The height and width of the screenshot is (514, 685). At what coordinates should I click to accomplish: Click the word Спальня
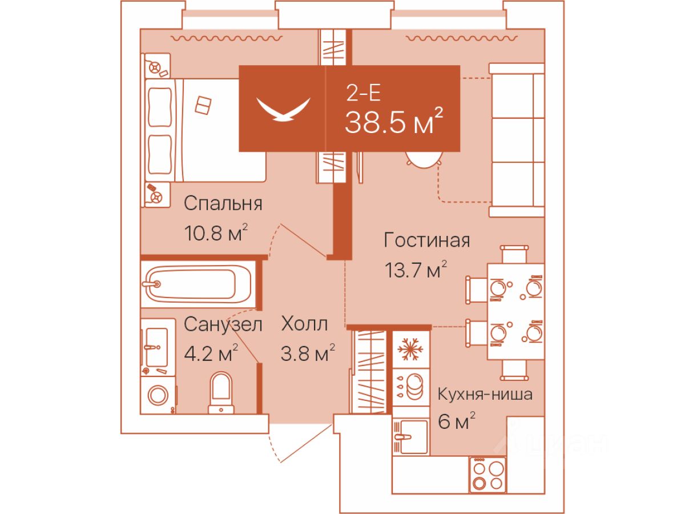pos(223,204)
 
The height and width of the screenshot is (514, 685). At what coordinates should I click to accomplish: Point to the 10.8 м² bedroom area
pos(216,232)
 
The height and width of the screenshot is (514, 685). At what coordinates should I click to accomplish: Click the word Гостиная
pos(426,240)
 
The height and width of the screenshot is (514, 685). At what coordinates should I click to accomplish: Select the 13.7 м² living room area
pos(416,270)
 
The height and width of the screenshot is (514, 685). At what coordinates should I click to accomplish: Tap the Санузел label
pos(223,324)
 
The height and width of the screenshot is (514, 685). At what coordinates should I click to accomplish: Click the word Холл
pos(304,324)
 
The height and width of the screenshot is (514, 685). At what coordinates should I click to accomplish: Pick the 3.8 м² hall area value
pos(308,353)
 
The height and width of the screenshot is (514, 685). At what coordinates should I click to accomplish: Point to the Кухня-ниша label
pos(485,395)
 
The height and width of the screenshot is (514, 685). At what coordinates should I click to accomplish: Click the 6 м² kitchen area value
pos(457,421)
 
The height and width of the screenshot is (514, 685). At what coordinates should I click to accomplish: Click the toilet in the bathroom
pos(221,393)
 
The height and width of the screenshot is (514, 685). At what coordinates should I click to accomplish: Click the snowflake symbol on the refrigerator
pos(410,349)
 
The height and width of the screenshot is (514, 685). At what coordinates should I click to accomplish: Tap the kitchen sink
pos(410,436)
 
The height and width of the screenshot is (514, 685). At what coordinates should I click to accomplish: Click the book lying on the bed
pos(203,106)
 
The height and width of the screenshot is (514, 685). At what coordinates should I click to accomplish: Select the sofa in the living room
pos(517,140)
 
